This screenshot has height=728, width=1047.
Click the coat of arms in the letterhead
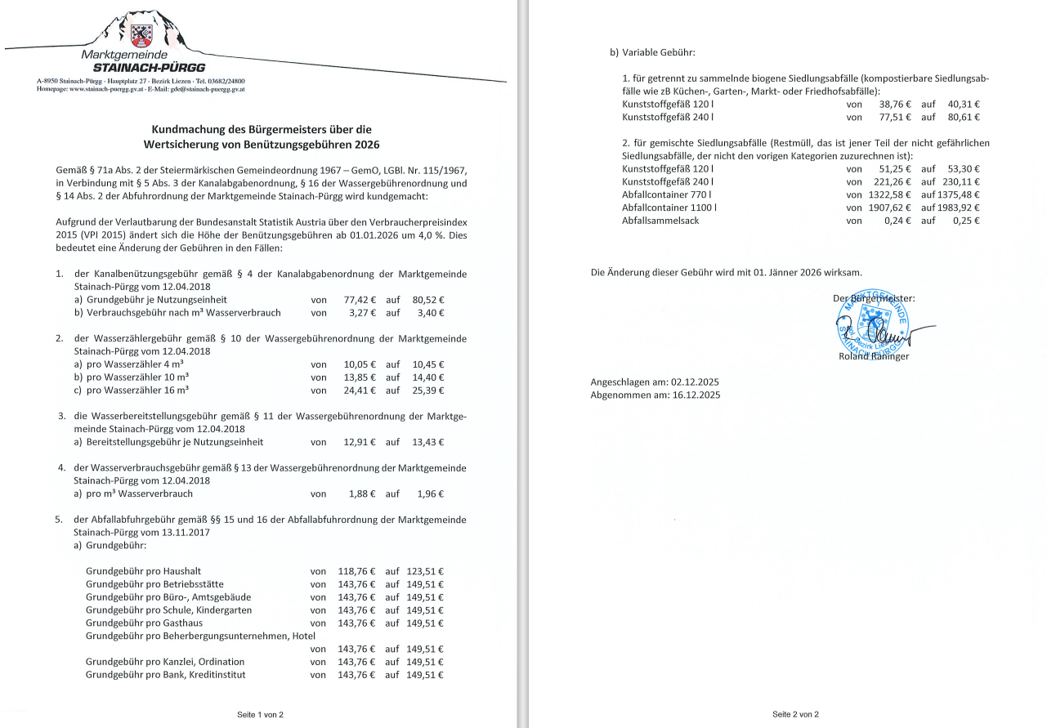tap(141, 35)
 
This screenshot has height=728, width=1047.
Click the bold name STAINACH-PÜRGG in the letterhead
tap(149, 67)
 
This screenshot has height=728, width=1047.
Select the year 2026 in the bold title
tap(362, 145)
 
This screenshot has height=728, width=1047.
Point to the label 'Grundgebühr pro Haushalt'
tap(143, 571)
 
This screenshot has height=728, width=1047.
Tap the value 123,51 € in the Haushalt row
tap(425, 571)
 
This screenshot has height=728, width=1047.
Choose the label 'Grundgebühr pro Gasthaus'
tap(144, 623)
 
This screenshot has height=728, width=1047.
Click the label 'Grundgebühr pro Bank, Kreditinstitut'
tap(165, 675)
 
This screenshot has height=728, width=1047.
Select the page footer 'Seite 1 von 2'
tap(260, 714)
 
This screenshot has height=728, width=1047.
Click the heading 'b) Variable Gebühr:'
tap(652, 52)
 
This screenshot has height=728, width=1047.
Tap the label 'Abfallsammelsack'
tap(660, 221)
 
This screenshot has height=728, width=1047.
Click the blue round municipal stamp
tap(870, 324)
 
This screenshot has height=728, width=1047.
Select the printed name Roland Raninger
tap(873, 355)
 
